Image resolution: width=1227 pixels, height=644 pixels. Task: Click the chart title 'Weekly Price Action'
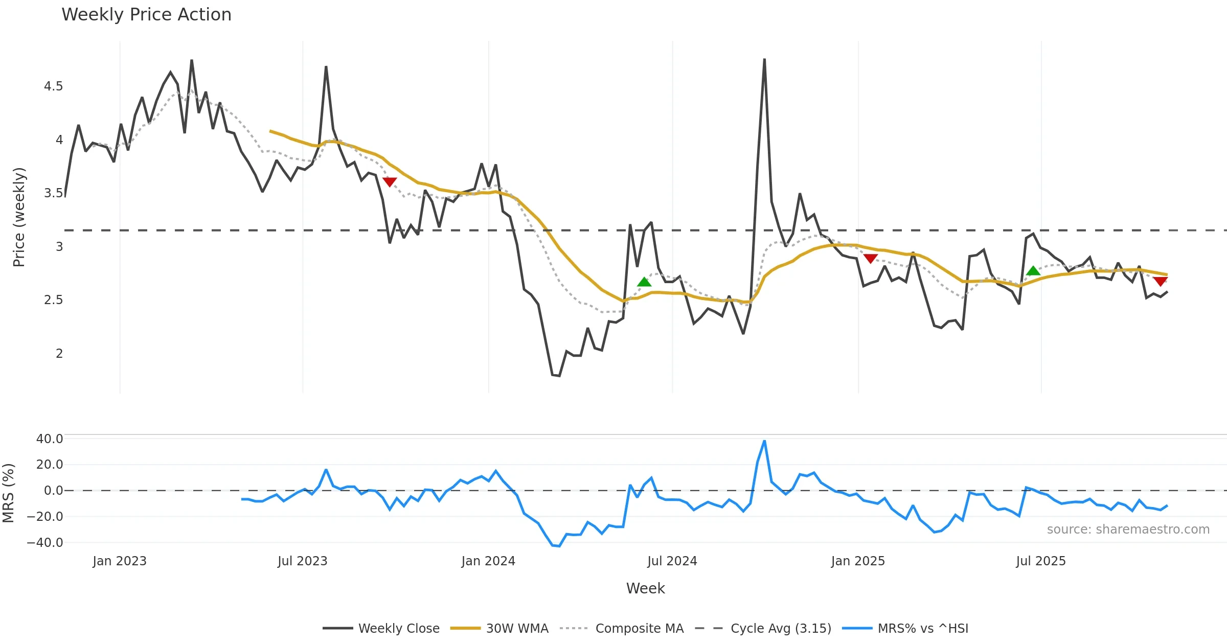(146, 15)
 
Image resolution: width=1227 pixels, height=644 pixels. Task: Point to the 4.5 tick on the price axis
(54, 86)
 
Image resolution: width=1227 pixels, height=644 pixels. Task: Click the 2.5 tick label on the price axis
(54, 300)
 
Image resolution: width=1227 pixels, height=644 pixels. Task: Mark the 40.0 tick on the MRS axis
(50, 439)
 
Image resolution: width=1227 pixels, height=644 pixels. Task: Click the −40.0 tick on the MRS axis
(46, 543)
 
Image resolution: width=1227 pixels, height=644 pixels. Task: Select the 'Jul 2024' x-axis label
(672, 561)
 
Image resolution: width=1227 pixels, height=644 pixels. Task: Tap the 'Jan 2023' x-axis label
(120, 561)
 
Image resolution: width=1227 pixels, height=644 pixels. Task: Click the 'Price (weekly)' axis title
(19, 217)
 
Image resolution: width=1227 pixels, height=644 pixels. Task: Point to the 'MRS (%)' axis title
(8, 493)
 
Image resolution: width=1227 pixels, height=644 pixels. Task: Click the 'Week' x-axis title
(645, 589)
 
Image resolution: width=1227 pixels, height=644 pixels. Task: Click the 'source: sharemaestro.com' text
(1128, 530)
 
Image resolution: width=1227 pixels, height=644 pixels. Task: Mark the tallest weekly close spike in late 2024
(764, 60)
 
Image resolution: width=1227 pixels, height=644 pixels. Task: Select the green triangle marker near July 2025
(1033, 271)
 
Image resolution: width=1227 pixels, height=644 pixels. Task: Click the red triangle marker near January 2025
(871, 259)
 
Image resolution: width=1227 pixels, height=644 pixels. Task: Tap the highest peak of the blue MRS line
(764, 441)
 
